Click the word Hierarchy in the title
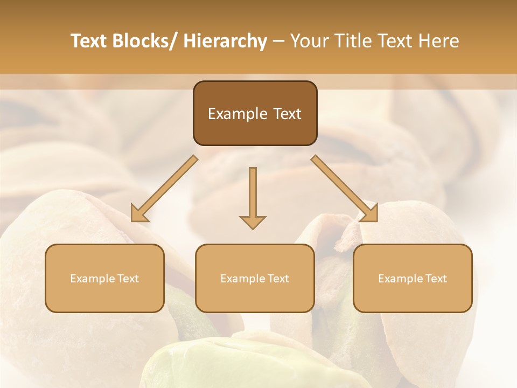click(x=225, y=41)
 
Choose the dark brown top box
click(x=255, y=113)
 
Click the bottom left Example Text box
click(x=104, y=278)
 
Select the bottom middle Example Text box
click(x=255, y=278)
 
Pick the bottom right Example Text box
click(x=413, y=278)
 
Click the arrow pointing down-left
click(x=165, y=189)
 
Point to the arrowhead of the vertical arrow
click(x=253, y=221)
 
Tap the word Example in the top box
click(x=237, y=114)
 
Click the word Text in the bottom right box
click(x=435, y=279)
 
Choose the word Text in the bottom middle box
click(x=278, y=279)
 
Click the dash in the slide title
click(x=278, y=41)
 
